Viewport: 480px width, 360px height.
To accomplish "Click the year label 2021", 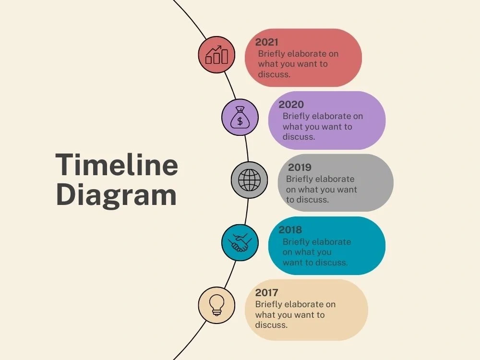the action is [266, 42].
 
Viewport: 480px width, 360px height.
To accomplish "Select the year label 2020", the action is [291, 104].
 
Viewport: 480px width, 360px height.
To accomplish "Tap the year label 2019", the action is [300, 167].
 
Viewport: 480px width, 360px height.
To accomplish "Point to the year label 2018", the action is [290, 229].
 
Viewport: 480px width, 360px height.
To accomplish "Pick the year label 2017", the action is [266, 292].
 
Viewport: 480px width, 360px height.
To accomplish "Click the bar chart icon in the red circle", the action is [217, 55].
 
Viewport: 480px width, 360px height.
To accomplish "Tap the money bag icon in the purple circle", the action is [240, 117].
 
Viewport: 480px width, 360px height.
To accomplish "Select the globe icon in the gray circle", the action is [249, 180].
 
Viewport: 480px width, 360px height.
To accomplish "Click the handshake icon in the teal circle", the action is [240, 243].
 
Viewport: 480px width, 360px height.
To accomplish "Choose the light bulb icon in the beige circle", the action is [217, 305].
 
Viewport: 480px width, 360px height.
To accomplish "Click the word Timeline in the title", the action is [117, 165].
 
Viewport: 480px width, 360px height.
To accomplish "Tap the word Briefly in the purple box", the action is [296, 117].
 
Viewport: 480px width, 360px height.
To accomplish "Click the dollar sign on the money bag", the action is [240, 121].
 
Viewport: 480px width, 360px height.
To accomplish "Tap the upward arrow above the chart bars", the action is [214, 49].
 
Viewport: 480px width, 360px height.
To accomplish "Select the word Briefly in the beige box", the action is [268, 305].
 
